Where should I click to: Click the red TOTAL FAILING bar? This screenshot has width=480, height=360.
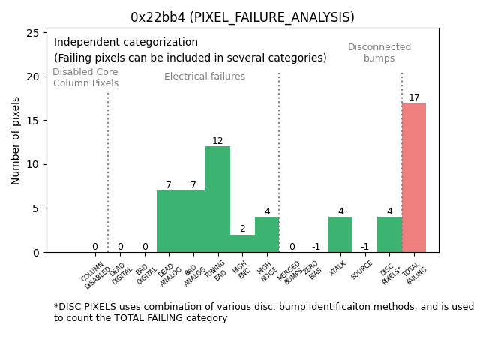coord(414,178)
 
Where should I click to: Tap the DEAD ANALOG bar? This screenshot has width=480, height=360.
coord(169,221)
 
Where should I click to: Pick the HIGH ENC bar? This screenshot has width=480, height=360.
coord(242,244)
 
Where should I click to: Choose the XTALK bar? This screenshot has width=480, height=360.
coord(340,235)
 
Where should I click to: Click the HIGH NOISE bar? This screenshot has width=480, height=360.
coord(267,235)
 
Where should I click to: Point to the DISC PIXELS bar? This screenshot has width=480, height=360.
coord(389,235)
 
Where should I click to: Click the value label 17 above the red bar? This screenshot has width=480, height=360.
coord(414,97)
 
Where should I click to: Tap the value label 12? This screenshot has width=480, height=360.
coord(217,141)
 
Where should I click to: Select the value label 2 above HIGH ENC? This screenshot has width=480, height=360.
coord(242,229)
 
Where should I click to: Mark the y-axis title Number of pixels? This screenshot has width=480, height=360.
coord(16,140)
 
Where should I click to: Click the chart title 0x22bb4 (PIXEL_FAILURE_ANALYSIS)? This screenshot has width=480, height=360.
coord(242,17)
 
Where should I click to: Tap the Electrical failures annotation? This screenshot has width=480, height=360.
coord(205,76)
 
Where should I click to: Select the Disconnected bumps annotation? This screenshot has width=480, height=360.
coord(379,52)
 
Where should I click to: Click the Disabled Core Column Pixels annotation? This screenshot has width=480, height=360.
coord(85,77)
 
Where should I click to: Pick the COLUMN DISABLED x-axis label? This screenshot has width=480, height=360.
coord(94,274)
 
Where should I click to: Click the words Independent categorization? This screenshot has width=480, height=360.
coord(126,43)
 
